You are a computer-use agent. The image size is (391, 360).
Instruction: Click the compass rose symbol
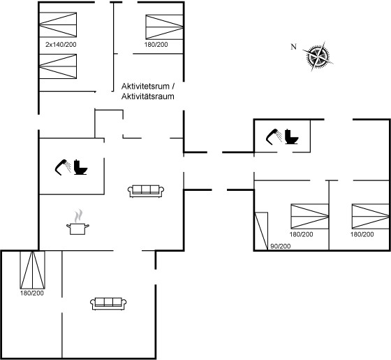(318, 57)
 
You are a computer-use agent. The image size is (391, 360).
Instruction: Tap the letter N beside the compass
(294, 47)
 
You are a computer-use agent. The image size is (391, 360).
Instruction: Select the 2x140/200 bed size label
(61, 45)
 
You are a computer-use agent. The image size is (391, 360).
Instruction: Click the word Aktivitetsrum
(145, 87)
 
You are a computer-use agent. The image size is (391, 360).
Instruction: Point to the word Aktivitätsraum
(147, 96)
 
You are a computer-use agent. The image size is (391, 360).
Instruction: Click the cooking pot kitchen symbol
(78, 222)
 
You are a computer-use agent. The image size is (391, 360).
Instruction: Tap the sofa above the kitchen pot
(146, 192)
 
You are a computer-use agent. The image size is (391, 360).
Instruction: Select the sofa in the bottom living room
(108, 303)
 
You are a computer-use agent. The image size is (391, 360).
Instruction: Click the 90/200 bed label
(281, 246)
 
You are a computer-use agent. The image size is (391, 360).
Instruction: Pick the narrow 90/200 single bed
(261, 231)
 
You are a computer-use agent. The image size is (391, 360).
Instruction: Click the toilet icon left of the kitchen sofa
(80, 167)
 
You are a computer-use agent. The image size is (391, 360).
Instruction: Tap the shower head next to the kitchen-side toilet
(63, 167)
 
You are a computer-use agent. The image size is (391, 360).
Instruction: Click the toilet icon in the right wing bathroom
(292, 136)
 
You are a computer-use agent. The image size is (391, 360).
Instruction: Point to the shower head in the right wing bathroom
(274, 136)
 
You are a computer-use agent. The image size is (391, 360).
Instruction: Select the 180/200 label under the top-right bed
(156, 45)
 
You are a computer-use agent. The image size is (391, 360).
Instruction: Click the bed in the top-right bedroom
(165, 27)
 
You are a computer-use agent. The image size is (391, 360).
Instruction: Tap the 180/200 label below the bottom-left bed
(32, 293)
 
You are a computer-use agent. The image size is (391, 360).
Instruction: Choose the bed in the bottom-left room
(33, 270)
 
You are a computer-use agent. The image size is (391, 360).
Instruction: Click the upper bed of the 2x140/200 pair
(58, 24)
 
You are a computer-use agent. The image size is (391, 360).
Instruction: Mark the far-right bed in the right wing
(371, 216)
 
